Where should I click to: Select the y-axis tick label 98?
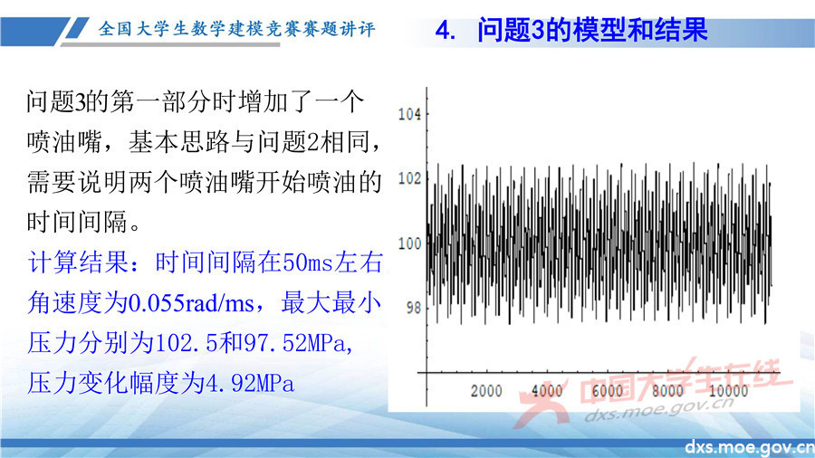pyautogui.click(x=412, y=308)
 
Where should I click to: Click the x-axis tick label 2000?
pyautogui.click(x=485, y=391)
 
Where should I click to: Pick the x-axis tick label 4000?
pyautogui.click(x=546, y=391)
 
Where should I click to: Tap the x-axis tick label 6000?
pyautogui.click(x=607, y=391)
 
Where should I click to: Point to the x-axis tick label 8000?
pyautogui.click(x=667, y=391)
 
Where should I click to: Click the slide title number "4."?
pyautogui.click(x=446, y=31)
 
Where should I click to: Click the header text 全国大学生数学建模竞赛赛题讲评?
pyautogui.click(x=236, y=29)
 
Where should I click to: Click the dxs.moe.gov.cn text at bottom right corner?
pyautogui.click(x=749, y=448)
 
